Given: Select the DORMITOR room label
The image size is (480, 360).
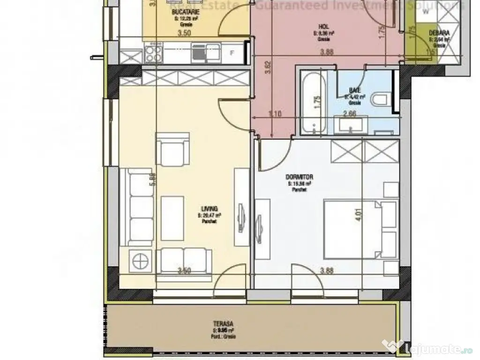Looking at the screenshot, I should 299,177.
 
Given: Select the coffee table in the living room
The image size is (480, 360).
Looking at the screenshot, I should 172,218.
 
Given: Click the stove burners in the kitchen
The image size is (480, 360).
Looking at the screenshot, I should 154,53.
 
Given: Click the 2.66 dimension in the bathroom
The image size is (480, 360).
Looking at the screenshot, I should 349,113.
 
